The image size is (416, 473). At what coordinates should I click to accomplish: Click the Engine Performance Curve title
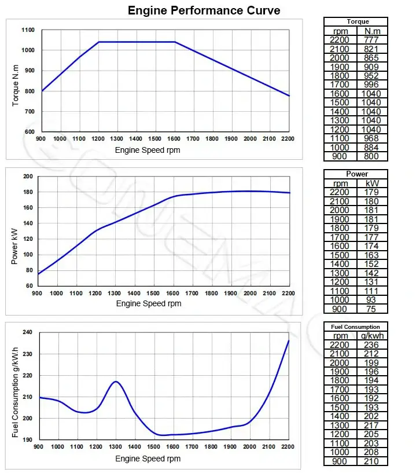point(204,10)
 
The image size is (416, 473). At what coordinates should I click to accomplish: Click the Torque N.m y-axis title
point(16,80)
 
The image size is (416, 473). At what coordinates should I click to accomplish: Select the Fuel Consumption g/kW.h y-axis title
point(16,392)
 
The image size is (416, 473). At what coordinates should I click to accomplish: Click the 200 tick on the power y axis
point(27,177)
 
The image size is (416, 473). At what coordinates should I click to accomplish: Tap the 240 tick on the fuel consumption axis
point(27,333)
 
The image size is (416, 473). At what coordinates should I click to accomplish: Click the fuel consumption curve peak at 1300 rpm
point(116,382)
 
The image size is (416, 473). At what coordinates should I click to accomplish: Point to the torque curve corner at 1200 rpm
point(98,42)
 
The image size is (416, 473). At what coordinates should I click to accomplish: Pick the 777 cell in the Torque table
point(371,39)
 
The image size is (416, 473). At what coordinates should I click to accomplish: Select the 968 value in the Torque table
point(371,138)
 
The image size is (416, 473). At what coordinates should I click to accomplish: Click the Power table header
point(357,174)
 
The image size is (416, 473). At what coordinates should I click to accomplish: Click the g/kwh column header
point(373,336)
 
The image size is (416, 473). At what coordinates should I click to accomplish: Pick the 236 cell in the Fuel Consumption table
point(371,344)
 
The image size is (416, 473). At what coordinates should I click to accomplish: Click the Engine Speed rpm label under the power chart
point(148,303)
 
